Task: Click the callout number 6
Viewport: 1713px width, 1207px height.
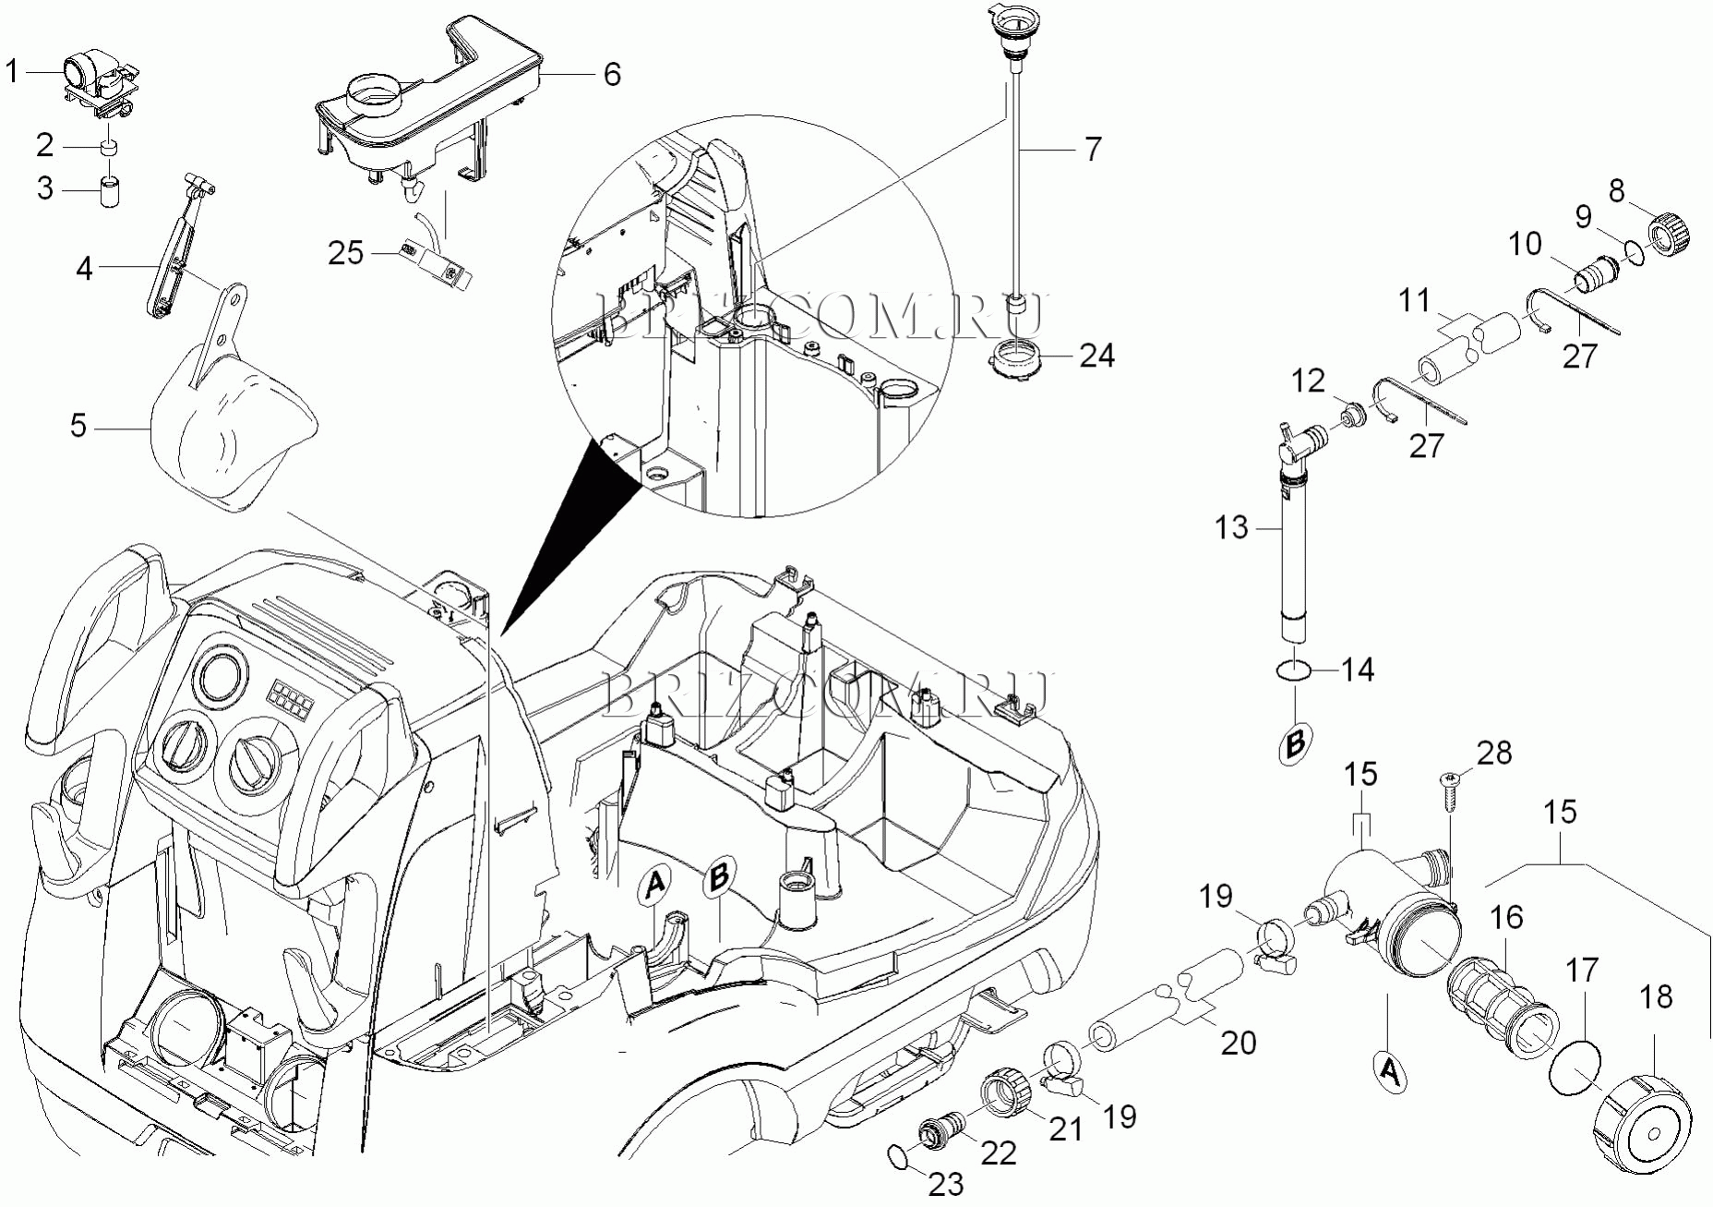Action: tap(612, 74)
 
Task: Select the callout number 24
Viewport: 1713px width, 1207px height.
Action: tap(1096, 356)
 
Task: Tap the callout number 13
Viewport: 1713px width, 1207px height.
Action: tap(1231, 527)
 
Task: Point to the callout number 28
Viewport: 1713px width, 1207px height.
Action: tap(1494, 753)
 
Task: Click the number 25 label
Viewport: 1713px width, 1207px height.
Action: tap(346, 253)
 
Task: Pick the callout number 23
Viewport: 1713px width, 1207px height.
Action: tap(945, 1183)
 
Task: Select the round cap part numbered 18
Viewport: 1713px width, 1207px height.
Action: tap(1642, 1123)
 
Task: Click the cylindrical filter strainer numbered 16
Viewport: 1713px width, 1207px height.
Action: tap(1501, 1008)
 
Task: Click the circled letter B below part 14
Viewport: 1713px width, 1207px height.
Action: tap(1295, 742)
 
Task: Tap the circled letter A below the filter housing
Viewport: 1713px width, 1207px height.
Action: tap(1389, 1071)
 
